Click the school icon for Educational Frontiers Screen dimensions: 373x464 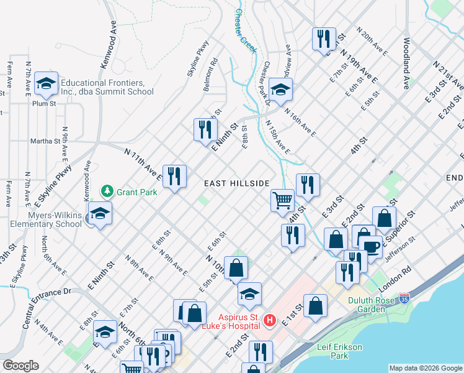click(x=46, y=83)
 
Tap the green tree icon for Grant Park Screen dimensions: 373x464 click(x=107, y=190)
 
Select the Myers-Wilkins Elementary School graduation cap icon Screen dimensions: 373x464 click(x=100, y=213)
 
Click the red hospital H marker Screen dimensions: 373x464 click(x=270, y=320)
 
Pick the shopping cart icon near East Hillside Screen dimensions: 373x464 click(x=282, y=200)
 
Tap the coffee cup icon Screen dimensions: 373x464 click(x=372, y=247)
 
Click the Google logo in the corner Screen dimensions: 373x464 click(x=20, y=366)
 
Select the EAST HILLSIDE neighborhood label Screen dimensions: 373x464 click(x=237, y=183)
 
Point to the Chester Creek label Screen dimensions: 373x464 click(x=245, y=30)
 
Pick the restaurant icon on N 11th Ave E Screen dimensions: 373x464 click(x=174, y=176)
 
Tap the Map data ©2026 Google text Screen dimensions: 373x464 click(x=425, y=368)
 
